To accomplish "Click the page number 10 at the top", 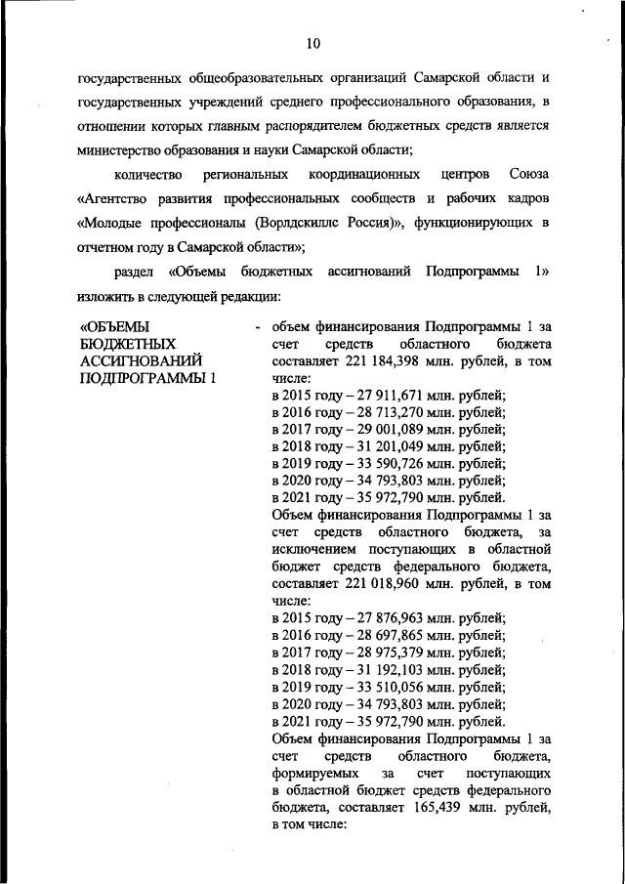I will tap(312, 42).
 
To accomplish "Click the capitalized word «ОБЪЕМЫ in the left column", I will tap(113, 326).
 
